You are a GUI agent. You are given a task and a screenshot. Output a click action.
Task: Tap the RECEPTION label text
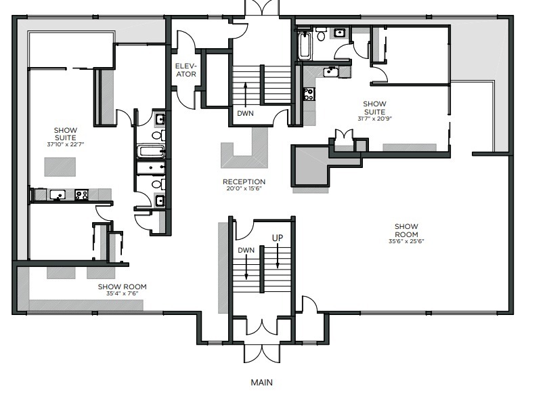click(244, 182)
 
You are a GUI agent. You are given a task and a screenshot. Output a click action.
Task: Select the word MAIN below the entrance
click(261, 382)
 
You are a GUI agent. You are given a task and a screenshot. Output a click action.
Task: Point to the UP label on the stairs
click(278, 238)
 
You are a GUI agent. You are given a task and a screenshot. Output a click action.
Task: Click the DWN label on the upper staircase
click(245, 113)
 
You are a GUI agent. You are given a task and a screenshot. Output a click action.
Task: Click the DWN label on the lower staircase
click(246, 250)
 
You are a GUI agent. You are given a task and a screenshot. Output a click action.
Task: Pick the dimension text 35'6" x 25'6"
click(406, 241)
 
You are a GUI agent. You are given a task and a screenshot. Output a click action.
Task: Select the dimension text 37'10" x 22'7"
click(66, 144)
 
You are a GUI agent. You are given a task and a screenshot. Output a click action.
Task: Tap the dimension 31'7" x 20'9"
click(374, 119)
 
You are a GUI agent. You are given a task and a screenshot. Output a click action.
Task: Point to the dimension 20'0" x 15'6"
click(244, 188)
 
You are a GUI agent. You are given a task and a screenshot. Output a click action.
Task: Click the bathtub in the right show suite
click(304, 46)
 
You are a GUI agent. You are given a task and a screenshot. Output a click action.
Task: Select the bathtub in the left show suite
click(150, 152)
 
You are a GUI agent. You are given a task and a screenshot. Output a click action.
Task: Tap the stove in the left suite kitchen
click(81, 194)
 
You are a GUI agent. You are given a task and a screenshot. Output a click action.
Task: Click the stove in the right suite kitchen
click(309, 94)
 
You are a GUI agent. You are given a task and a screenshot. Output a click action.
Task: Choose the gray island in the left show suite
click(60, 166)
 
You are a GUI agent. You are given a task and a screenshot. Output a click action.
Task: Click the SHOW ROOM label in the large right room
click(406, 230)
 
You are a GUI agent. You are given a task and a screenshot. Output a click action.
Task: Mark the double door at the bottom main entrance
click(261, 354)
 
